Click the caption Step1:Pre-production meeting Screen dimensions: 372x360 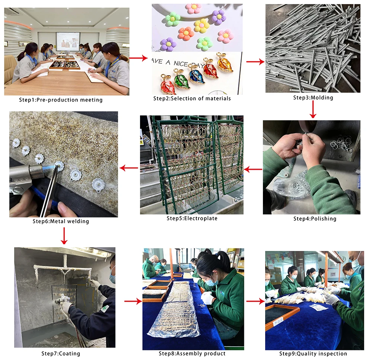[61, 100]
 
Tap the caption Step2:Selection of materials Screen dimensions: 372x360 [192, 99]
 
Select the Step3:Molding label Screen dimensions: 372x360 [313, 98]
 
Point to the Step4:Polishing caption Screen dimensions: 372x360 [315, 219]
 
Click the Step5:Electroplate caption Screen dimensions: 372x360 [192, 218]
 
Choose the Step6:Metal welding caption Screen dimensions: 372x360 [61, 222]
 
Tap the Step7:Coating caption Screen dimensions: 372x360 [61, 353]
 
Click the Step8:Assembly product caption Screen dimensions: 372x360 [192, 353]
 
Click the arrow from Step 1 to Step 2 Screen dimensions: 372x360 [138, 58]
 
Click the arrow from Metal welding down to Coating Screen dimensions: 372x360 [64, 236]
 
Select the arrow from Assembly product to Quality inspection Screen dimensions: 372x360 [255, 301]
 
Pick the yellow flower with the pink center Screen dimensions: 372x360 [201, 26]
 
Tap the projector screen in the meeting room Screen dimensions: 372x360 [68, 40]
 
